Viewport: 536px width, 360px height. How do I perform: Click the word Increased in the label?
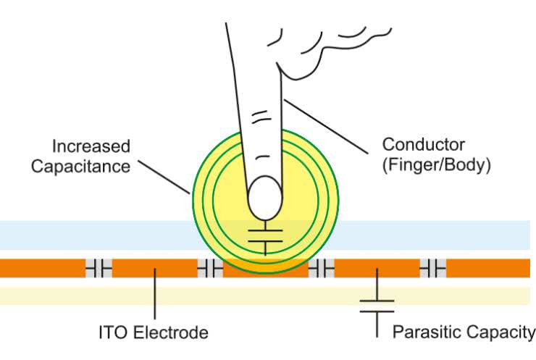(91, 146)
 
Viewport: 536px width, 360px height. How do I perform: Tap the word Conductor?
(424, 144)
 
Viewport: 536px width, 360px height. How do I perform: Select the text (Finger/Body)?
(437, 164)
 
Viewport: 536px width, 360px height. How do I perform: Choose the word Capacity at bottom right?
(500, 332)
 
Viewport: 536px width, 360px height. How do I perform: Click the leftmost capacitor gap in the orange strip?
(99, 269)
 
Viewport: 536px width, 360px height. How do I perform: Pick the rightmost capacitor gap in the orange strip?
(433, 269)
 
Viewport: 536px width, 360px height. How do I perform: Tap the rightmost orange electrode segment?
(488, 269)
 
